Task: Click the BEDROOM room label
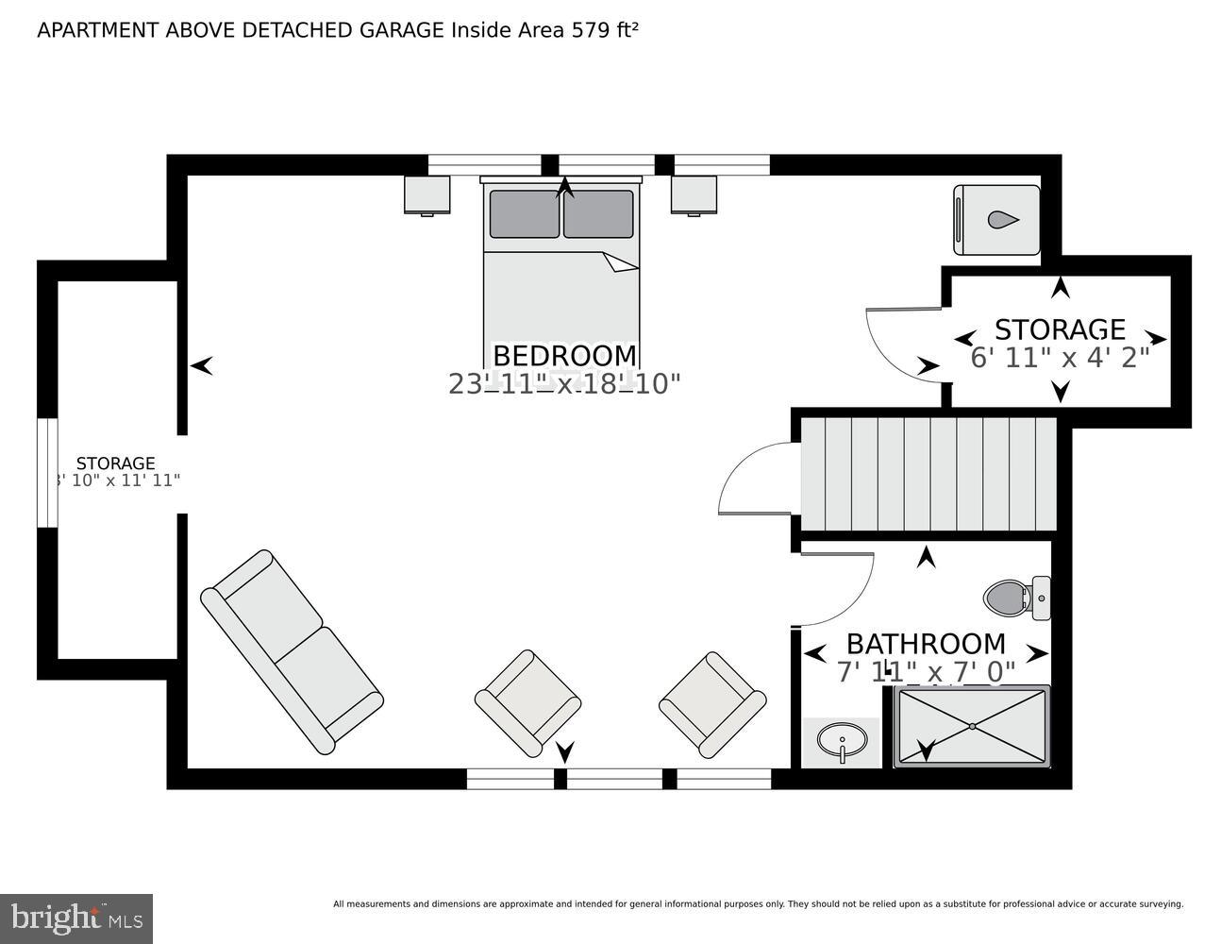564,356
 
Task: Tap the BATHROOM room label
925,644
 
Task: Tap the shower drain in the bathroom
972,726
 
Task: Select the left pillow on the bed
524,214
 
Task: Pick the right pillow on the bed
598,214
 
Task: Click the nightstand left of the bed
427,195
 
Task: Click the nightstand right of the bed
694,195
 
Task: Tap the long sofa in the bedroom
293,652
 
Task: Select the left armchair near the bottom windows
527,702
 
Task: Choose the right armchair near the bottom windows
711,703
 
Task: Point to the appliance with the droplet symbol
996,220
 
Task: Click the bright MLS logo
76,919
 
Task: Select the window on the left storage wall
47,472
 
